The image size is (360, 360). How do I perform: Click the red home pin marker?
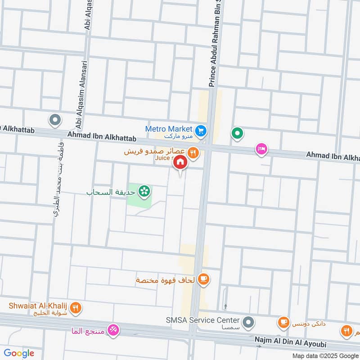(180, 162)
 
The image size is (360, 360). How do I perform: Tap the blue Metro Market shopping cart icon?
(201, 130)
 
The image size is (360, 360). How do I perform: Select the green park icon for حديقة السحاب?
(144, 192)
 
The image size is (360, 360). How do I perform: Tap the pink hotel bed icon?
(261, 149)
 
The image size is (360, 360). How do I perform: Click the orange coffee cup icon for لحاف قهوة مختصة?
(203, 279)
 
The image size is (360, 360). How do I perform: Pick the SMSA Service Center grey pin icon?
(247, 322)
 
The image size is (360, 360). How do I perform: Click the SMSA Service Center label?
(203, 320)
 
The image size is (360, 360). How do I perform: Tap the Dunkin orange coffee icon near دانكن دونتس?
(283, 322)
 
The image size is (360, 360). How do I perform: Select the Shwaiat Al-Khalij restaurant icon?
(76, 308)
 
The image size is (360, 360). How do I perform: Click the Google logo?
(19, 353)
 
